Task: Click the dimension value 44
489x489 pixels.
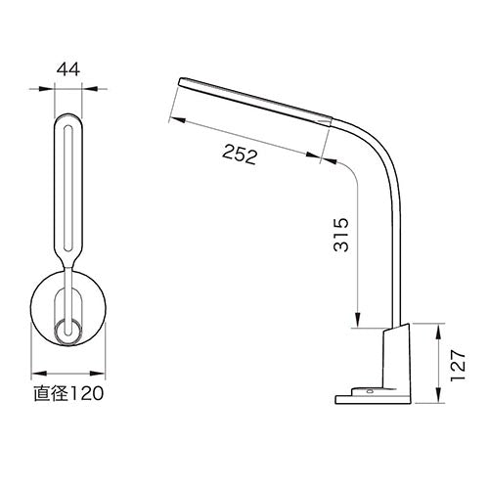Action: pyautogui.click(x=67, y=69)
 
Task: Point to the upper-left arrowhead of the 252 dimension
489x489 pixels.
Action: pyautogui.click(x=176, y=117)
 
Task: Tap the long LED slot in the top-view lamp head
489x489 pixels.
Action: pyautogui.click(x=67, y=186)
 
